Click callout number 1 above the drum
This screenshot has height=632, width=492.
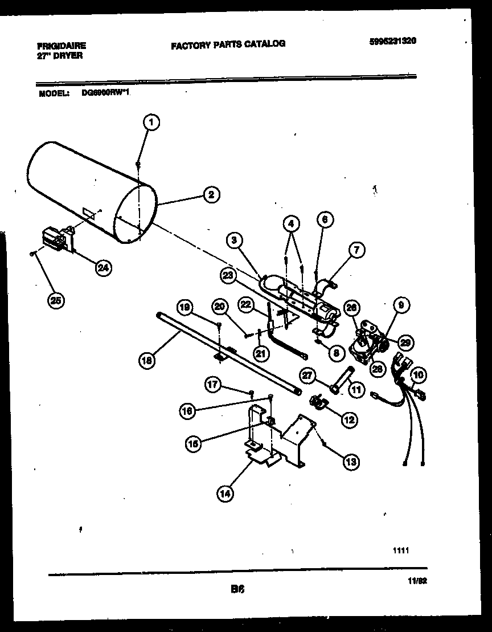click(151, 121)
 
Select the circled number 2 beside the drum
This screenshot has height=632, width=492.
click(210, 195)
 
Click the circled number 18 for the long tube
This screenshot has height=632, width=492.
click(147, 360)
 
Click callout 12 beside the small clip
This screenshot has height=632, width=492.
click(348, 420)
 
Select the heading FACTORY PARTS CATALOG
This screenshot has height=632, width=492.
click(228, 43)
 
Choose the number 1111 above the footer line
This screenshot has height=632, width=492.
click(401, 551)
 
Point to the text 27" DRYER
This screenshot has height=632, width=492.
click(60, 56)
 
